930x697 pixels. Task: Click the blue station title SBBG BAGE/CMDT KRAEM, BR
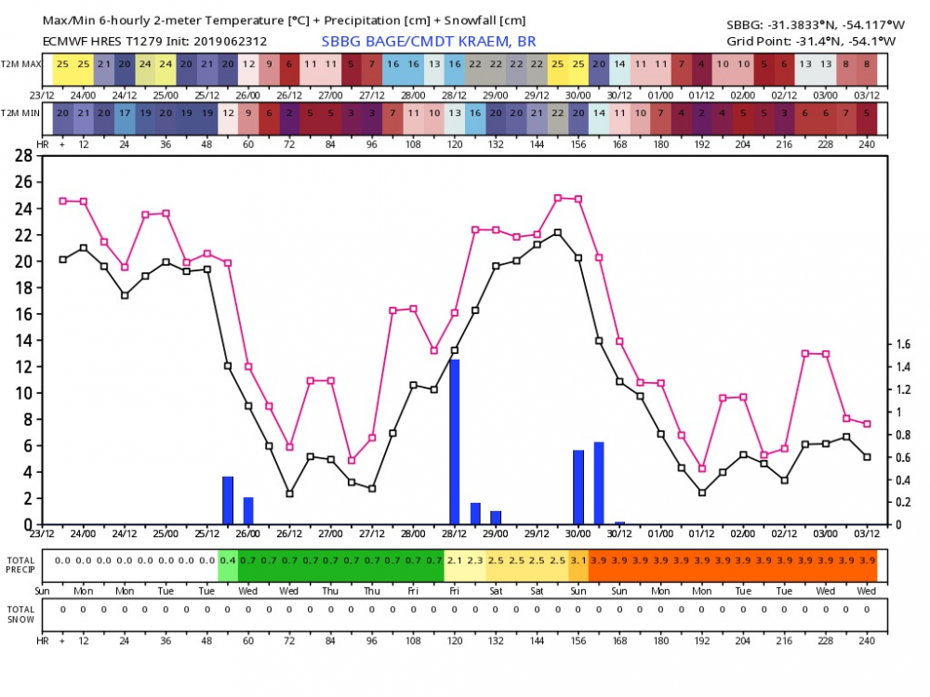point(429,41)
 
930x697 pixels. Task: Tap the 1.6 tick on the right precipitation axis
point(903,344)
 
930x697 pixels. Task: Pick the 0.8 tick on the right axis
point(903,435)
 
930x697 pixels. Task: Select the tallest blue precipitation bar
point(455,441)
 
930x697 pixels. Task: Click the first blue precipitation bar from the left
point(228,500)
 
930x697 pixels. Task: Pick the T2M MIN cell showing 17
point(125,112)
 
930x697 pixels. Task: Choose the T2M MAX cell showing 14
point(619,64)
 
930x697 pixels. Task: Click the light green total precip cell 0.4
point(228,560)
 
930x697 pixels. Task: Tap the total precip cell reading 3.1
point(578,560)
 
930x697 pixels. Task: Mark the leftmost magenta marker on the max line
point(63,201)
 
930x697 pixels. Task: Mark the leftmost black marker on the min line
point(63,259)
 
